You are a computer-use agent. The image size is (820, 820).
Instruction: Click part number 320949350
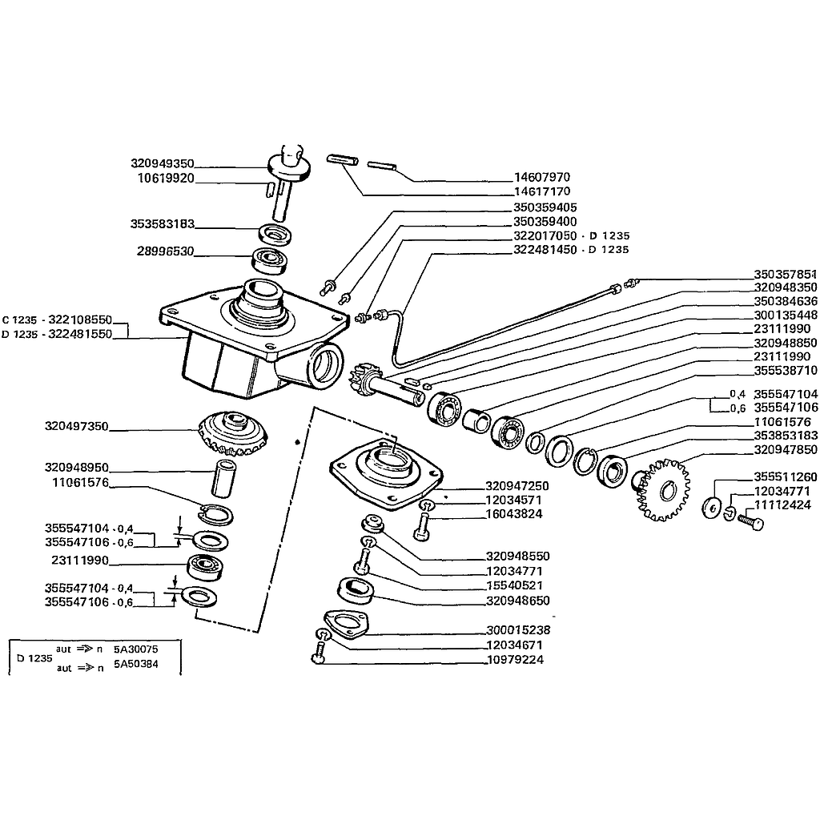click(x=162, y=163)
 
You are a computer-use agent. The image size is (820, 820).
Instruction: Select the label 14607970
click(x=542, y=177)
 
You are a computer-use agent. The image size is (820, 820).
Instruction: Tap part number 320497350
click(x=76, y=426)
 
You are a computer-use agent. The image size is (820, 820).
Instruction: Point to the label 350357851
click(x=786, y=275)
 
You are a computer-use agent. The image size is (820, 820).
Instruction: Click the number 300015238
click(x=518, y=630)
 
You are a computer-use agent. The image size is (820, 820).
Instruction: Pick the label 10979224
click(x=515, y=660)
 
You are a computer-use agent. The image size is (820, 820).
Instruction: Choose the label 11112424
click(x=782, y=505)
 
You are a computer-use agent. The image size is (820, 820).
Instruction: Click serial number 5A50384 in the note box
click(x=136, y=664)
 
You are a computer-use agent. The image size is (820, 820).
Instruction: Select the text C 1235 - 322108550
click(x=57, y=320)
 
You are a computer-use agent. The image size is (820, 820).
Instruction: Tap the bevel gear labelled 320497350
click(x=233, y=433)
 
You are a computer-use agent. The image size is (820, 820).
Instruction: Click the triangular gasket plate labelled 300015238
click(x=346, y=624)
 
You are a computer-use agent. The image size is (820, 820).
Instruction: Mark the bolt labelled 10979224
click(x=319, y=654)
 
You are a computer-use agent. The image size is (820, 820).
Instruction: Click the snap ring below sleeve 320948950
click(x=215, y=515)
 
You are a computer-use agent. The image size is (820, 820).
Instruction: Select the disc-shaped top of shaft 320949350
click(x=289, y=167)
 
